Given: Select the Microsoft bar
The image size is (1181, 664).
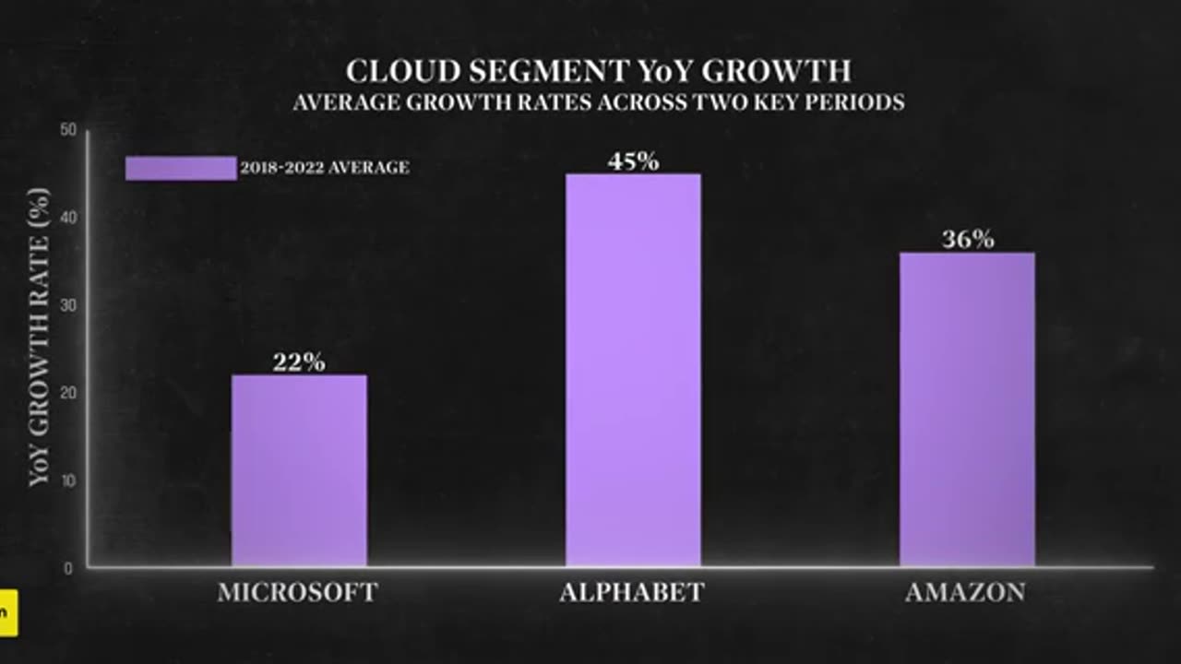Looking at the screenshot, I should (x=299, y=470).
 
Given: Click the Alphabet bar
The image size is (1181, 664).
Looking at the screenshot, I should (x=633, y=369).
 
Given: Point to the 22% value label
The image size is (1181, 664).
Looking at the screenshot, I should (x=299, y=362).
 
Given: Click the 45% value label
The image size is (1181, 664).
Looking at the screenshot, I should (x=633, y=161).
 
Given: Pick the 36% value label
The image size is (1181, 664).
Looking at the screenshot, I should (x=968, y=240).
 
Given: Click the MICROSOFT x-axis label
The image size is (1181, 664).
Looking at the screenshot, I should (x=298, y=592).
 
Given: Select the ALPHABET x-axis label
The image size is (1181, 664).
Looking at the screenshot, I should (x=632, y=592).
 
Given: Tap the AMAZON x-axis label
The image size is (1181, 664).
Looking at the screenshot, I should (x=965, y=592).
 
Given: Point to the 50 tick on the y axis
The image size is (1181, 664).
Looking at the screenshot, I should (x=67, y=130).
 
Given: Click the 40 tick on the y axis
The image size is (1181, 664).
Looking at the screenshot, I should (x=67, y=218).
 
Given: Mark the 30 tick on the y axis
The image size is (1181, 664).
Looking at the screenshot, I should (x=67, y=305).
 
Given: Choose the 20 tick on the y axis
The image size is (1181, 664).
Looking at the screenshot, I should (x=67, y=393).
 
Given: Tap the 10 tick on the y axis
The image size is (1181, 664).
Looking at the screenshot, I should (x=67, y=480).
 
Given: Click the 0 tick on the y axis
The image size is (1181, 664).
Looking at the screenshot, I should (x=69, y=568).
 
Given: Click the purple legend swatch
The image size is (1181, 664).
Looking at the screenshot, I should (x=181, y=168).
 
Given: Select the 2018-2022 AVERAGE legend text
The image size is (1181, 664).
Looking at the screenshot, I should (x=325, y=168).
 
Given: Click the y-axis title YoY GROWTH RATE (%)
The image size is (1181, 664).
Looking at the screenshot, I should (x=39, y=337).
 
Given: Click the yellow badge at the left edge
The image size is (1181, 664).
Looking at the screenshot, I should (x=8, y=613).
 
